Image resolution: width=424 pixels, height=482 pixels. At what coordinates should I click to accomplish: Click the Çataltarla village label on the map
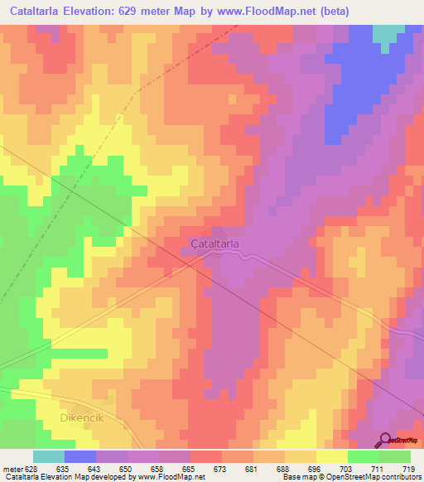coord(214,244)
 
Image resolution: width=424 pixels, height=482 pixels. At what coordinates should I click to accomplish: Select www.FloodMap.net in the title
coord(262,12)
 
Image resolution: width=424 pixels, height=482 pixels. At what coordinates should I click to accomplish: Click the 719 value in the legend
coord(408,469)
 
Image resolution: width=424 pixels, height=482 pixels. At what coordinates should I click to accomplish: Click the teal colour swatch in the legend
coord(48,456)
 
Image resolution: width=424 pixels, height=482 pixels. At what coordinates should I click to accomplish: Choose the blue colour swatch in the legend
coord(79,456)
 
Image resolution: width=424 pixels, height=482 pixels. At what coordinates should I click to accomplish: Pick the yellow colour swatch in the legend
coord(331,456)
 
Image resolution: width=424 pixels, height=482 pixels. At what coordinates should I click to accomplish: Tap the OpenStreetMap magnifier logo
coord(385,439)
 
